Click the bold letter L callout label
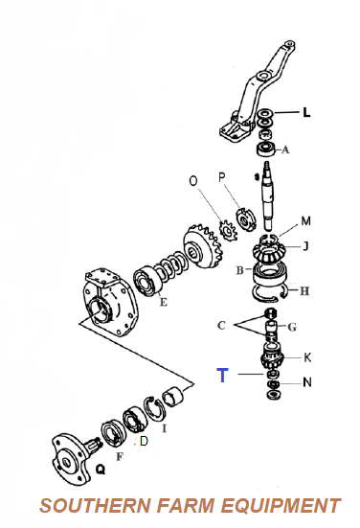[x=306, y=112]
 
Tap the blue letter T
[x=222, y=375]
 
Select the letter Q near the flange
[x=101, y=469]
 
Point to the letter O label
[x=192, y=181]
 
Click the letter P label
[x=221, y=177]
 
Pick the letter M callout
[x=305, y=221]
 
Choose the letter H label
[x=304, y=291]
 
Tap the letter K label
[x=307, y=357]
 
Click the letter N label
[x=307, y=382]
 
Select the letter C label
[x=221, y=325]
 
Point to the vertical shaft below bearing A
[x=268, y=195]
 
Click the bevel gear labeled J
[x=268, y=250]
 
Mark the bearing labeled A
[x=266, y=149]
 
